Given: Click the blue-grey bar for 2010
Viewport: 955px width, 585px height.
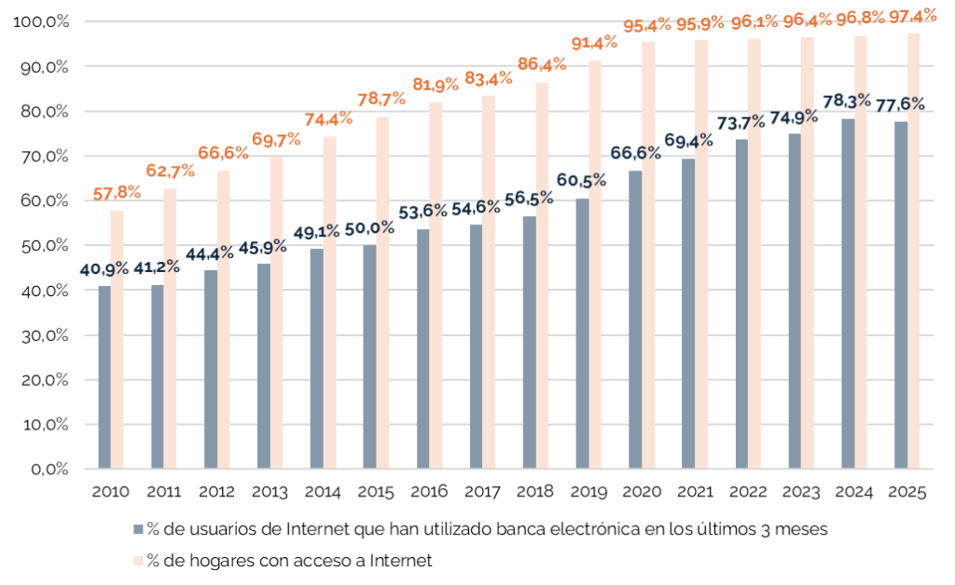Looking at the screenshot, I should (104, 376).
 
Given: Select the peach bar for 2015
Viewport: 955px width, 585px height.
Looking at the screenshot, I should (382, 292).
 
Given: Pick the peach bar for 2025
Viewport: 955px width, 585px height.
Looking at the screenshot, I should (914, 251).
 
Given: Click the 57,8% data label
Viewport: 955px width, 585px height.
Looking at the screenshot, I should (117, 193).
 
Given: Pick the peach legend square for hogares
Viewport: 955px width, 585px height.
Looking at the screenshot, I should (138, 561).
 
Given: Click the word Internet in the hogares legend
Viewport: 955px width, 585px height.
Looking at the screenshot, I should (402, 561).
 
